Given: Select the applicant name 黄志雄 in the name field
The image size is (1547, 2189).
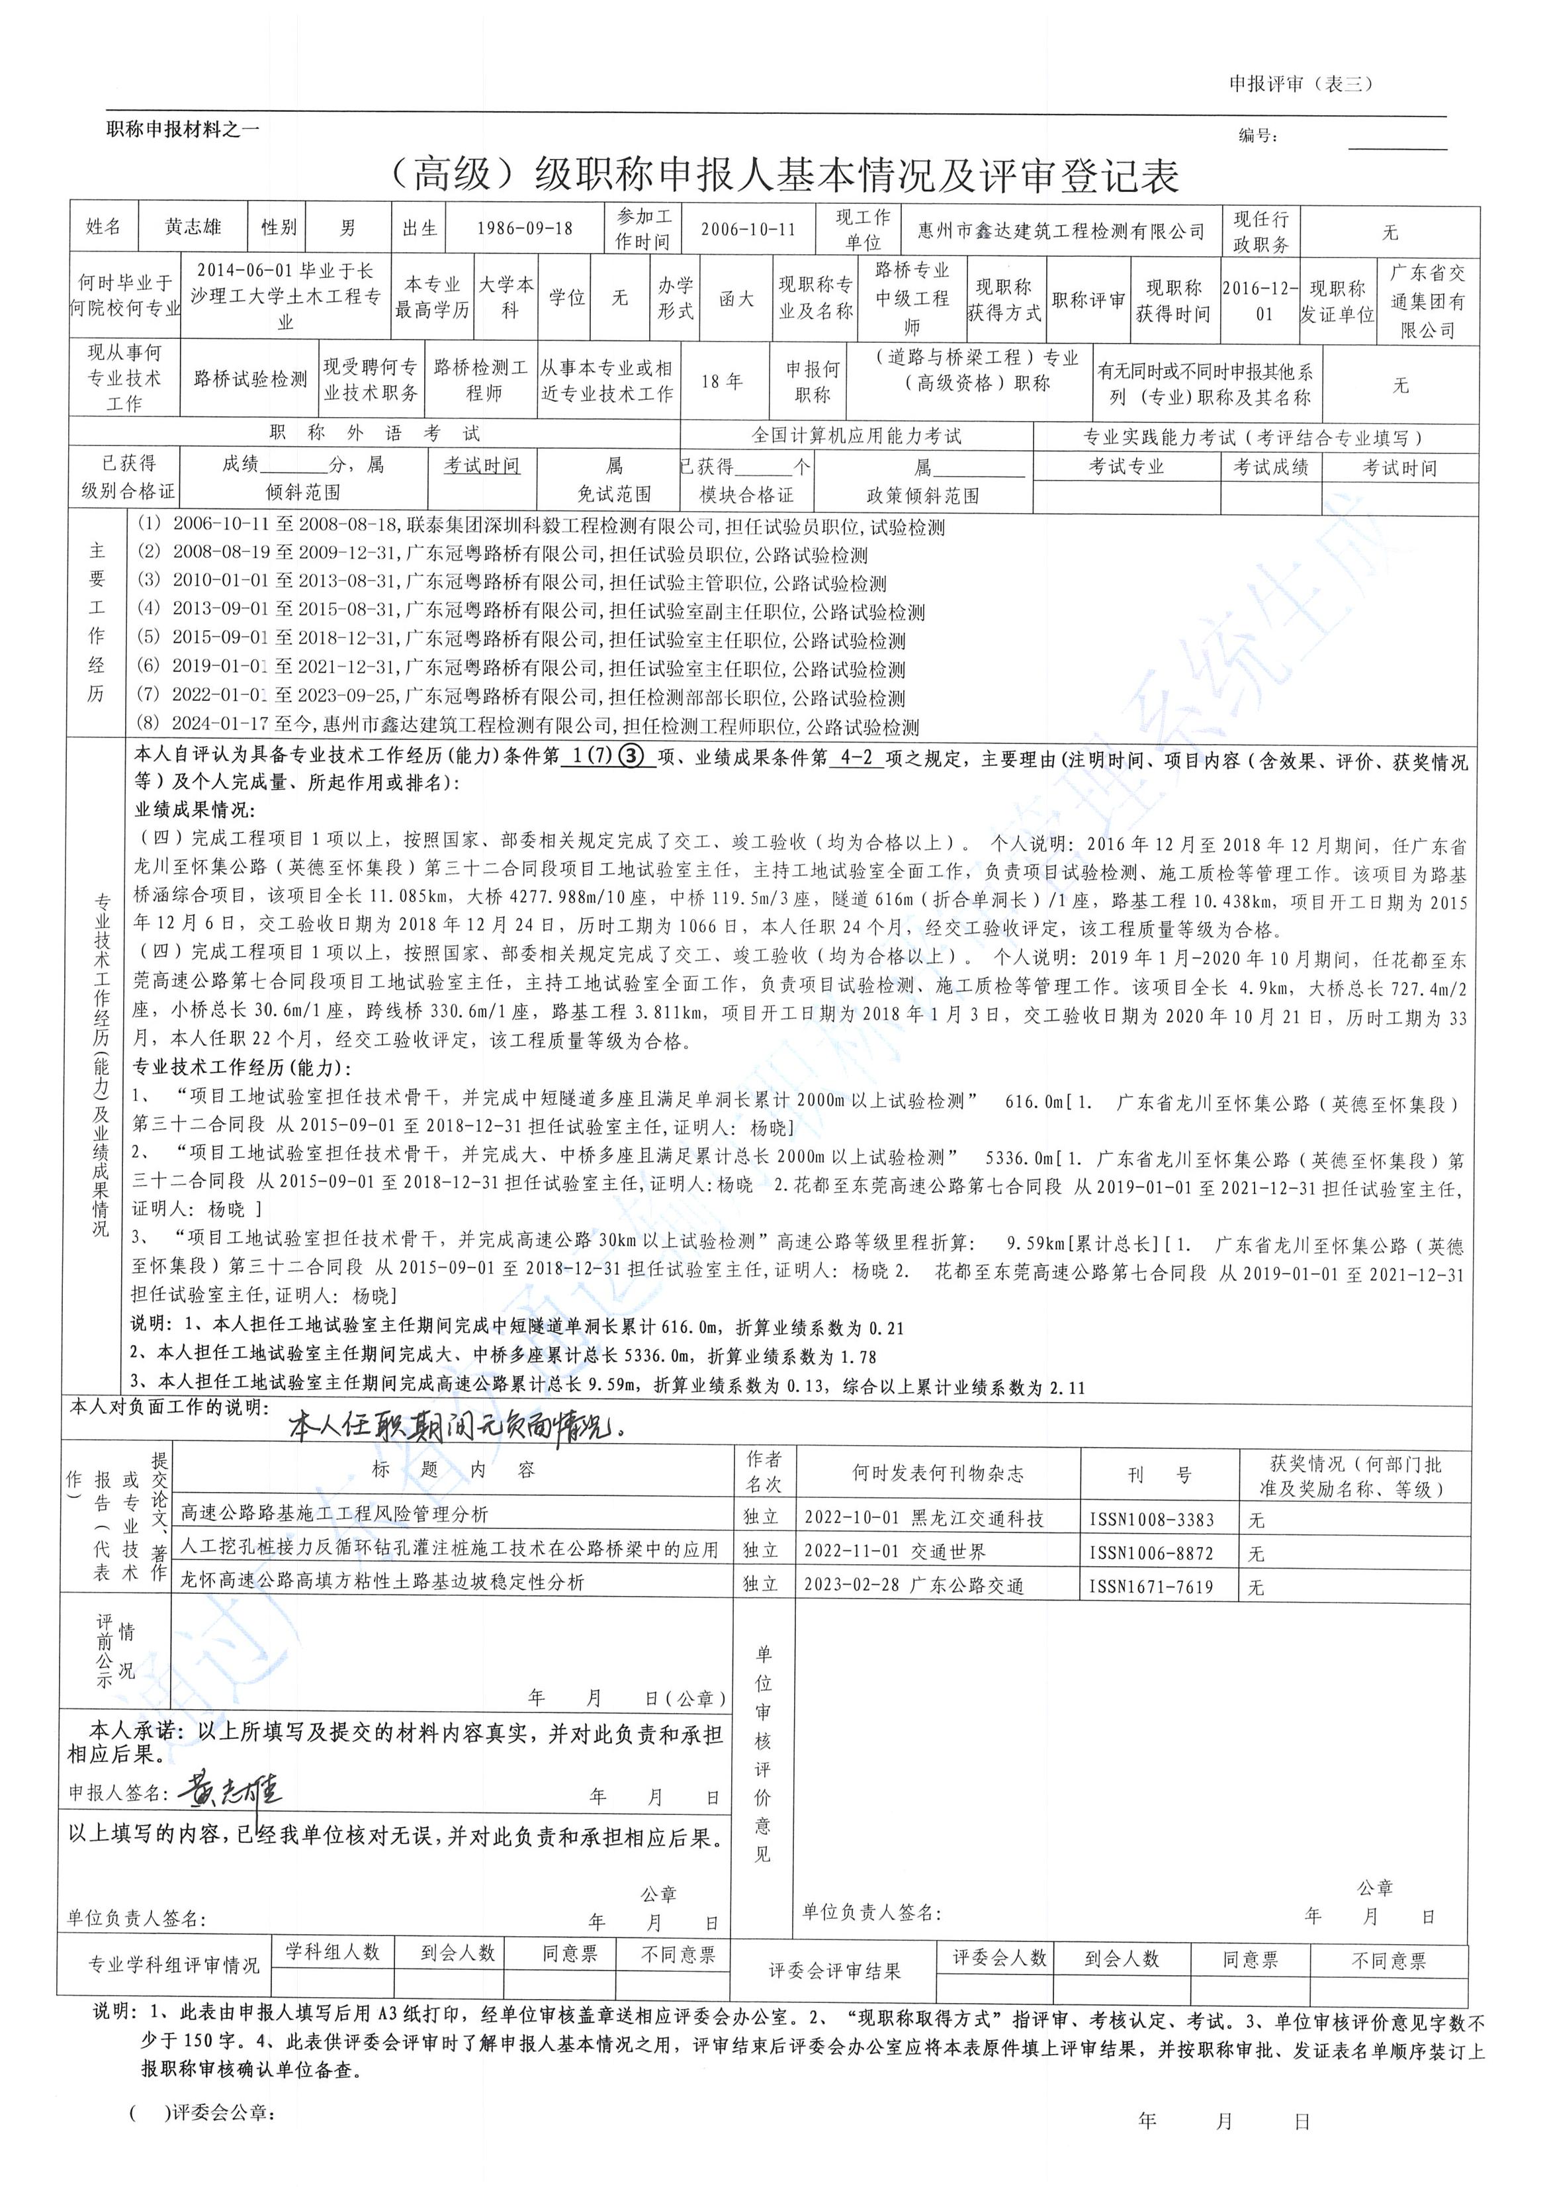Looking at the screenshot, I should pyautogui.click(x=193, y=227).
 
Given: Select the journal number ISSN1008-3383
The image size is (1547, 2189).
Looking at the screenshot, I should pyautogui.click(x=1151, y=1520).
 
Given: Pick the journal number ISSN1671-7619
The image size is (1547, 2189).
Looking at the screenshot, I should pyautogui.click(x=1151, y=1587).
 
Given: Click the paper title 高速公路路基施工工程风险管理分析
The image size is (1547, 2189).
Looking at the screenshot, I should pyautogui.click(x=335, y=1513).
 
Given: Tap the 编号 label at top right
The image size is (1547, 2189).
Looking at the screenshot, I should pyautogui.click(x=1259, y=136).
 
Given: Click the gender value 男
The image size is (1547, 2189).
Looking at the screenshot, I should pyautogui.click(x=348, y=228).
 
